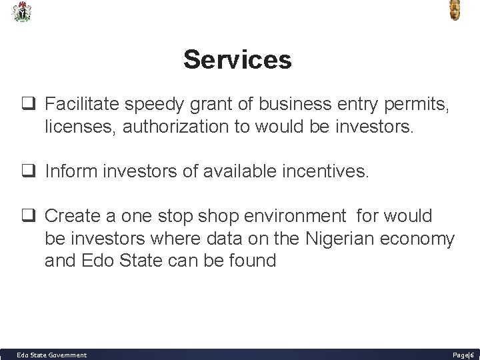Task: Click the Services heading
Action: click(x=237, y=60)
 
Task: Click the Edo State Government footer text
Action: click(x=51, y=355)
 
